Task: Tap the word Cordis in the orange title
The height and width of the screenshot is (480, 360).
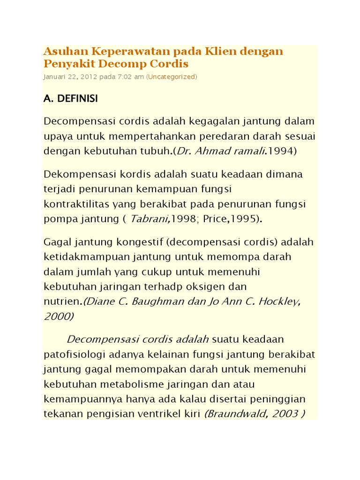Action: coord(171,63)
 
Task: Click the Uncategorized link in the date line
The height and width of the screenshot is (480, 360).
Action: coord(172,76)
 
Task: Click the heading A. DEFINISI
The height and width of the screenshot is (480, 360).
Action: coord(71,99)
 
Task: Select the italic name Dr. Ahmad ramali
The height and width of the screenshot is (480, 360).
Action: coord(226,151)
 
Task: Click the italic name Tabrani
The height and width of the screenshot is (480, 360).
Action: coord(147,219)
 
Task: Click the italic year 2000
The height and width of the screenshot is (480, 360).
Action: coord(58,316)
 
